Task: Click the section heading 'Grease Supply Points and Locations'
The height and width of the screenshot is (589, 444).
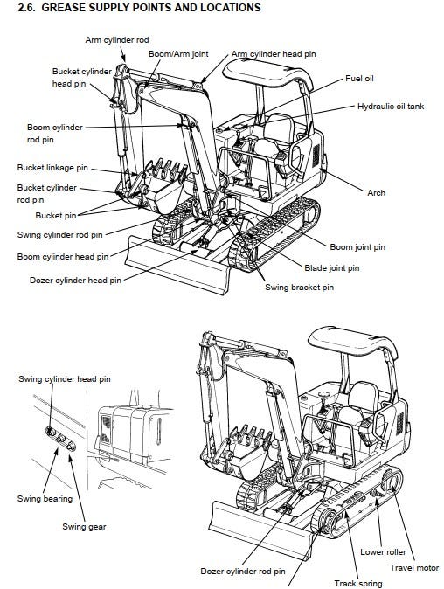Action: click(x=139, y=7)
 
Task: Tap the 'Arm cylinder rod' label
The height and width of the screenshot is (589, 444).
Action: click(x=117, y=40)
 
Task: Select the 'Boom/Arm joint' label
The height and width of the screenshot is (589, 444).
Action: click(x=178, y=53)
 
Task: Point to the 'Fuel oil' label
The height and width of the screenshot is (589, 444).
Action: click(x=359, y=78)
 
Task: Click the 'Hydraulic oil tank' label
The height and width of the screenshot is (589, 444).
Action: click(x=391, y=107)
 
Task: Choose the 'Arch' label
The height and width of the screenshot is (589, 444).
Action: click(x=377, y=193)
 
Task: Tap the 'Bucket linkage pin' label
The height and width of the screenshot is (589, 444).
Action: click(x=52, y=168)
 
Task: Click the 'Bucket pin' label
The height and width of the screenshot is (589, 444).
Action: click(x=56, y=216)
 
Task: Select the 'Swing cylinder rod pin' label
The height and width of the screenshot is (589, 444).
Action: click(x=59, y=235)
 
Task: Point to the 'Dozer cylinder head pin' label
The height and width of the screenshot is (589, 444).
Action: click(x=75, y=281)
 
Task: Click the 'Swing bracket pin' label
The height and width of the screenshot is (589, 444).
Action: click(x=300, y=288)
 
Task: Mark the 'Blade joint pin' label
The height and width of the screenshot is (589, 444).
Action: click(x=331, y=268)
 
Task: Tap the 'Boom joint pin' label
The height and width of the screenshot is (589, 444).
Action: click(x=357, y=247)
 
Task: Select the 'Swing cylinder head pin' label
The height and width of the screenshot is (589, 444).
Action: click(x=65, y=379)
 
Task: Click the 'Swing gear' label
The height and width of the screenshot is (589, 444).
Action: click(x=84, y=527)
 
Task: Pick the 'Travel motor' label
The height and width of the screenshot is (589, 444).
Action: click(x=414, y=567)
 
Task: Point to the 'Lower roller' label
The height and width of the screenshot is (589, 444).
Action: click(x=383, y=551)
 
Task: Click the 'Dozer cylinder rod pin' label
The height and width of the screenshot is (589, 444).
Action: click(x=243, y=572)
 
